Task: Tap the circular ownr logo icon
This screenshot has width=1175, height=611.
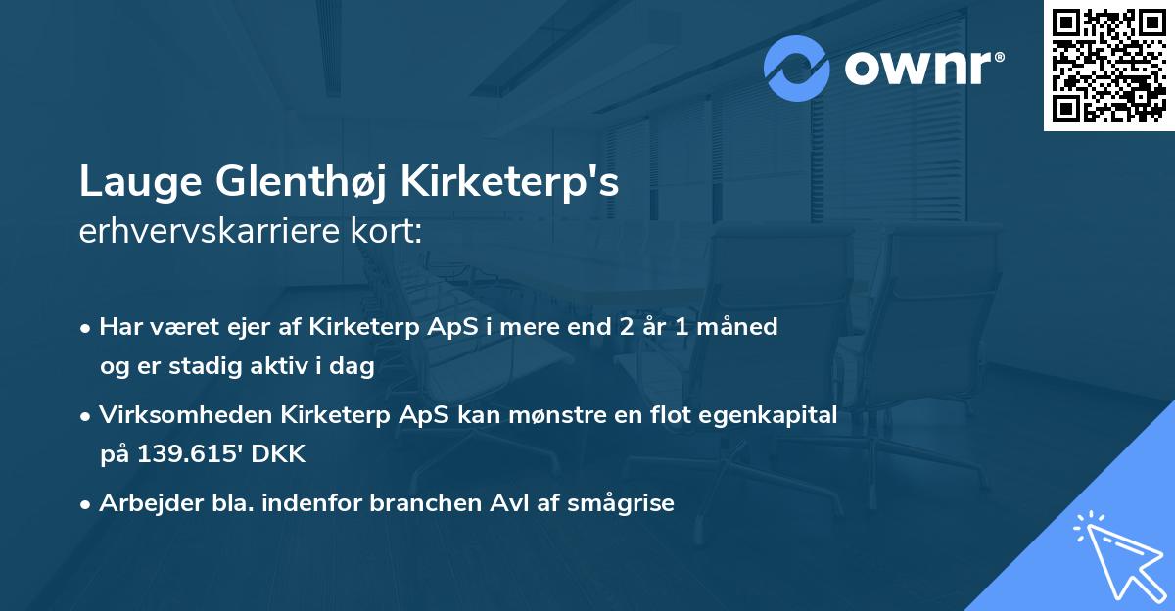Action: click(798, 69)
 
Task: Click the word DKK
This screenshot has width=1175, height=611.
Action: click(282, 453)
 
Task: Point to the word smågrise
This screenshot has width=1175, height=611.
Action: click(627, 503)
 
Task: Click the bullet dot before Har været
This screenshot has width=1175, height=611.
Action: click(86, 328)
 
